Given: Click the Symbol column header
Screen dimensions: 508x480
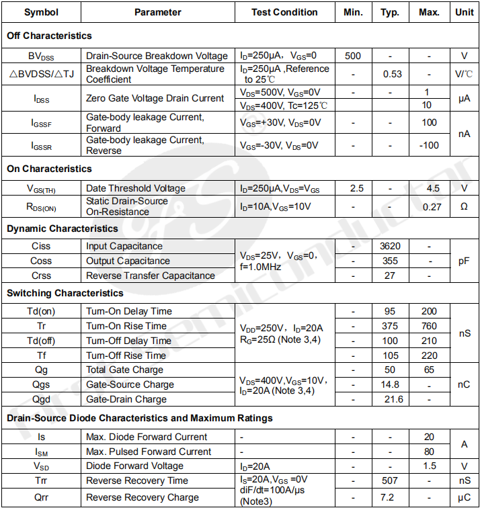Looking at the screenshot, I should [x=41, y=12].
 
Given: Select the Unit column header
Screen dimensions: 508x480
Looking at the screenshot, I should [x=464, y=12].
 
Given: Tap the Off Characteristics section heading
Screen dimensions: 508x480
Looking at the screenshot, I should [x=49, y=36].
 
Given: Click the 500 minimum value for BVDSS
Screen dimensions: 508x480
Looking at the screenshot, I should [x=352, y=56].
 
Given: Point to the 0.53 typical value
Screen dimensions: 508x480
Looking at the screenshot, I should [x=392, y=74].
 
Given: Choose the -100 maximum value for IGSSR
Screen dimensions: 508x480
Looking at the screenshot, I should [x=429, y=145].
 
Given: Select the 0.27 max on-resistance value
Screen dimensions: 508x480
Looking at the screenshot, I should [x=432, y=207].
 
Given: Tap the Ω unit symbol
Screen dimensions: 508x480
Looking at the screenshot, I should [x=464, y=207].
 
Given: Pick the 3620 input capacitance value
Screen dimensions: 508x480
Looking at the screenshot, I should [x=390, y=246].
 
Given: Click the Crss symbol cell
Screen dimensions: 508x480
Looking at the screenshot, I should [x=41, y=276].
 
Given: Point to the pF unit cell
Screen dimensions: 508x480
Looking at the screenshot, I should [x=464, y=261].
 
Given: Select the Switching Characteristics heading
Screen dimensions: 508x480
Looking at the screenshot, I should [x=65, y=293].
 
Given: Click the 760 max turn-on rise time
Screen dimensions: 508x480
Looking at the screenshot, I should [x=429, y=326].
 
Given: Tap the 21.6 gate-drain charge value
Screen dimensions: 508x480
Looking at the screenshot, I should [x=393, y=399].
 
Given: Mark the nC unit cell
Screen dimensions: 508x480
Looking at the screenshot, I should [x=464, y=384].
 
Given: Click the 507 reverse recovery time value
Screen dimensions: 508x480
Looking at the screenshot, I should [x=390, y=480].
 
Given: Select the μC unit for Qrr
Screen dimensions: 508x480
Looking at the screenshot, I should [x=464, y=498].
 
